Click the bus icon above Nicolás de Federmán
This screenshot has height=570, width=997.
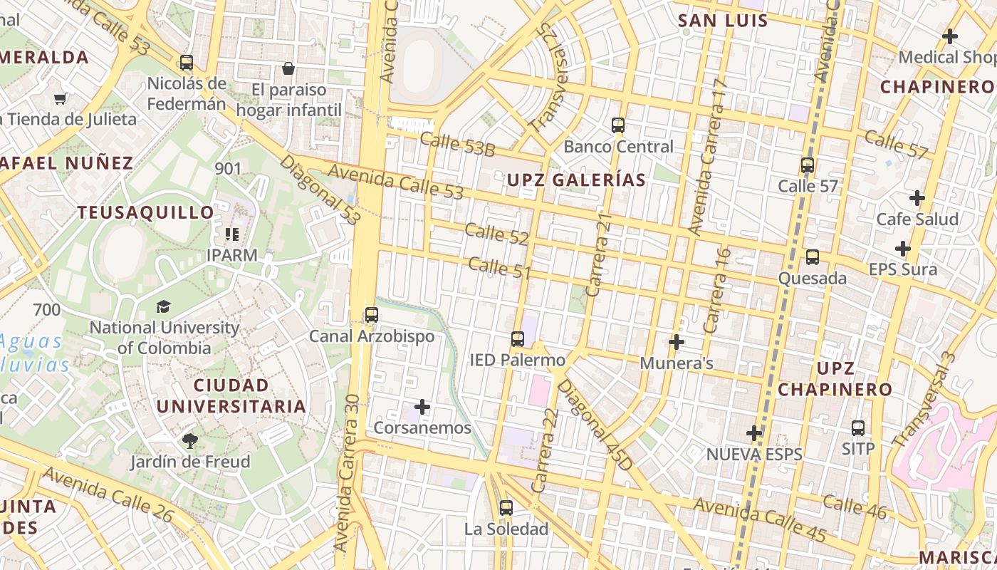[x=187, y=63]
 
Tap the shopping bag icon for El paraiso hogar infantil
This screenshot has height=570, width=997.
[x=288, y=68]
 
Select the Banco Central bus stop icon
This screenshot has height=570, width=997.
[x=618, y=125]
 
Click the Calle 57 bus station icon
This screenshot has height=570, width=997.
[x=808, y=165]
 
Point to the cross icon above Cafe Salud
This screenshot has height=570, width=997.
[x=917, y=198]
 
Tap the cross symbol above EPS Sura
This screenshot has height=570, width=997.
[x=903, y=249]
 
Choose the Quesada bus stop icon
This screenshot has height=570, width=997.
[x=813, y=257]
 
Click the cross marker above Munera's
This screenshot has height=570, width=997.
[x=677, y=343]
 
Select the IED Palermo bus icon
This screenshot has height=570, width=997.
[x=518, y=339]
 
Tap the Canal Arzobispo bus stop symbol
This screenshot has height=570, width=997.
[x=371, y=315]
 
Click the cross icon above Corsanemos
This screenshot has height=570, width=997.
[x=422, y=407]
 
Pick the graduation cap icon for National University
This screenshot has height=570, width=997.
[x=164, y=307]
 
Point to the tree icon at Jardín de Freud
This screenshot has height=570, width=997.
[x=190, y=441]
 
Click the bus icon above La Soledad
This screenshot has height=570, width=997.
[x=506, y=508]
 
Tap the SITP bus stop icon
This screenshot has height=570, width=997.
[x=858, y=428]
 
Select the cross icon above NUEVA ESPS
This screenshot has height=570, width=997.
[x=754, y=432]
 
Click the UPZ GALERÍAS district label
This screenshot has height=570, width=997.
[x=576, y=180]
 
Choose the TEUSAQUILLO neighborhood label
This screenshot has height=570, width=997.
[x=146, y=212]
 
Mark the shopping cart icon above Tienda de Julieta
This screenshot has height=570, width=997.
[x=61, y=98]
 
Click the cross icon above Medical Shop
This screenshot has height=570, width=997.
[x=950, y=36]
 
